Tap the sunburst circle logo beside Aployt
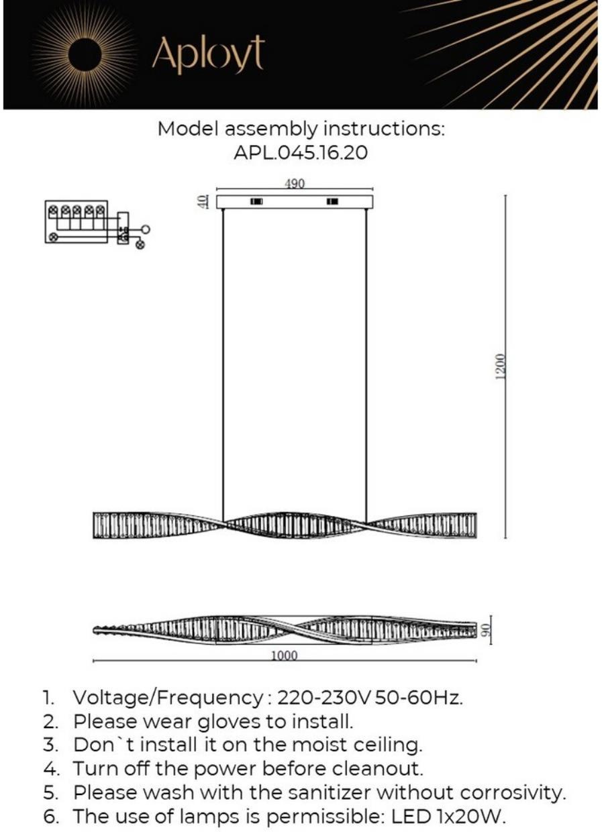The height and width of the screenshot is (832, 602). coord(86,54)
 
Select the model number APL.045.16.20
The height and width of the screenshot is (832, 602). coord(301,152)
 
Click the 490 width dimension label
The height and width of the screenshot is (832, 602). coord(295,183)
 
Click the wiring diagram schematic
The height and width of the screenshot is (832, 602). coord(94,223)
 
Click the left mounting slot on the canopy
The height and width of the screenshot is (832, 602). coord(256,201)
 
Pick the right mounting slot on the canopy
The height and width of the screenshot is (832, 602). coord(332,201)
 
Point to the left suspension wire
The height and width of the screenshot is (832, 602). coord(223,362)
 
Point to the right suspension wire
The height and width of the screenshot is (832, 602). coord(367,362)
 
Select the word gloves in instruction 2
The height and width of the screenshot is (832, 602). coord(228,721)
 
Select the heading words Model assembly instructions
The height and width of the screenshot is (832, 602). coord(301,128)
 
